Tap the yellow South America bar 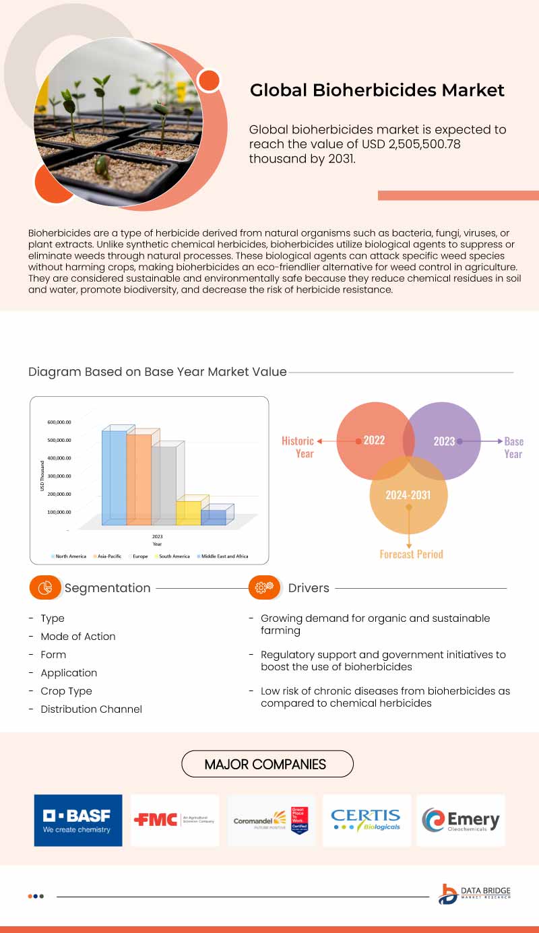(189, 512)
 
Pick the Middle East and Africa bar (214, 517)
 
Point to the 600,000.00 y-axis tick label (59, 422)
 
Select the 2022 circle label (374, 440)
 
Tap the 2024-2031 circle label (408, 495)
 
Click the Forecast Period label (411, 554)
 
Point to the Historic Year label (298, 447)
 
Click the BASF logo (78, 820)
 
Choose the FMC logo (175, 820)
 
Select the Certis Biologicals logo (366, 820)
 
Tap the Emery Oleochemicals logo (461, 820)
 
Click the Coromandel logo (270, 820)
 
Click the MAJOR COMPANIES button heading (267, 764)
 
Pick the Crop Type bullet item (66, 691)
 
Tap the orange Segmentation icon (45, 587)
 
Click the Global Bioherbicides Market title (377, 90)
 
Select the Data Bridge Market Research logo (474, 893)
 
